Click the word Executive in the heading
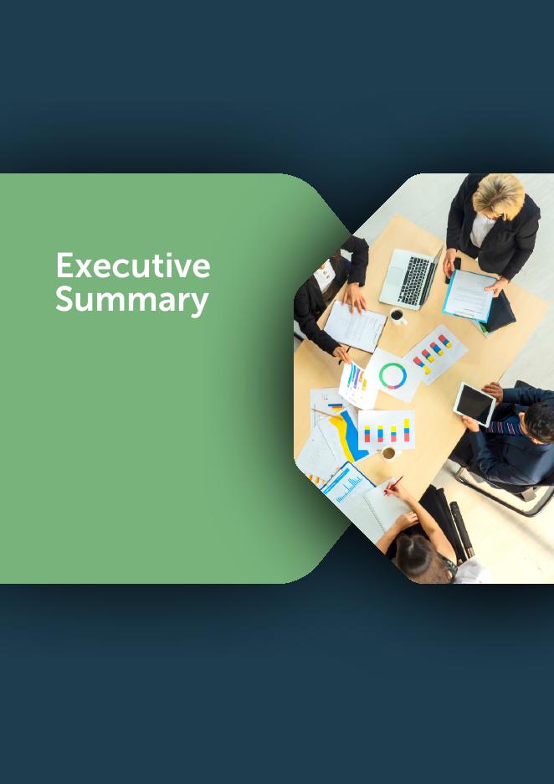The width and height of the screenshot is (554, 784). click(x=133, y=266)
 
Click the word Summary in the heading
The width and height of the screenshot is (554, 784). click(x=132, y=301)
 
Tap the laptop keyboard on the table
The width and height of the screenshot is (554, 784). click(x=414, y=280)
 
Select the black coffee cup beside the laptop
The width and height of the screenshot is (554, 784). click(x=398, y=316)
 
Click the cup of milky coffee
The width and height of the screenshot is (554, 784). click(x=388, y=453)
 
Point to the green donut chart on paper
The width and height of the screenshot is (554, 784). click(x=392, y=376)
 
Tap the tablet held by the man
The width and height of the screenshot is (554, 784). click(x=474, y=404)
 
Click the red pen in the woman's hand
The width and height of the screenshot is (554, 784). click(x=393, y=484)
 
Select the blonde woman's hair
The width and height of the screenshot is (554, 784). click(x=499, y=195)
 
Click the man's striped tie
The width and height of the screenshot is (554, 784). click(x=505, y=426)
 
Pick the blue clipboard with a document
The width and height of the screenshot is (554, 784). click(x=469, y=295)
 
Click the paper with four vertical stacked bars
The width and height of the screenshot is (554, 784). click(x=386, y=430)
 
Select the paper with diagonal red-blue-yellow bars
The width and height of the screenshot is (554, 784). click(x=433, y=354)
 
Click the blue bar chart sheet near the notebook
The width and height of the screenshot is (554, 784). click(x=346, y=484)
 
